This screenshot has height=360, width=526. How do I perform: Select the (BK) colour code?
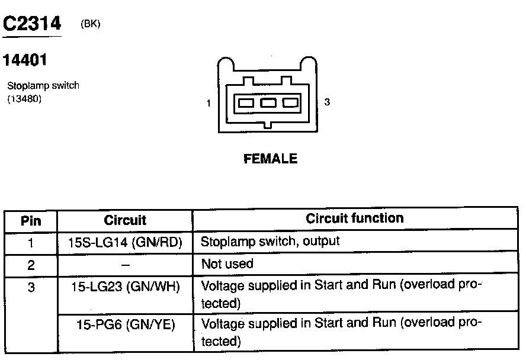(89, 24)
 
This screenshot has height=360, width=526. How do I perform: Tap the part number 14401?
(25, 60)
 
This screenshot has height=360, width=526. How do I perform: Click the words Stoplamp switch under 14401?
(43, 86)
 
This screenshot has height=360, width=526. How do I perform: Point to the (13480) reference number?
(24, 99)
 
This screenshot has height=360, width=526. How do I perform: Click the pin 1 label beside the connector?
(209, 104)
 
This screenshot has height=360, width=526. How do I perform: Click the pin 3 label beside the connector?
(327, 102)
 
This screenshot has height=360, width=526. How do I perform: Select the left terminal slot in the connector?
(245, 103)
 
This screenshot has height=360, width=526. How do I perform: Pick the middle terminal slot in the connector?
(268, 103)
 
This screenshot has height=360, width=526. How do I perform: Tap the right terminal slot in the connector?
(290, 103)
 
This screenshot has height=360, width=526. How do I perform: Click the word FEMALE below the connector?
(270, 159)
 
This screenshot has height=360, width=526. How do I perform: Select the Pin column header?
(31, 221)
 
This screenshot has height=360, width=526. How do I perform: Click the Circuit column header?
(125, 221)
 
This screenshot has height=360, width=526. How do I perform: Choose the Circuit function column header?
(355, 218)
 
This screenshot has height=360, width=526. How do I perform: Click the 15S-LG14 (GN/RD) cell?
(125, 242)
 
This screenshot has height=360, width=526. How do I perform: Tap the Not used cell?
(227, 264)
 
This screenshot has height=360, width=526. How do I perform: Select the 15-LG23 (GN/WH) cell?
(125, 287)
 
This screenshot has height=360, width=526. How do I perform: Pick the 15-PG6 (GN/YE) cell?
(125, 324)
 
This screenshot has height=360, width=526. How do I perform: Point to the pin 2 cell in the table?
(31, 264)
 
